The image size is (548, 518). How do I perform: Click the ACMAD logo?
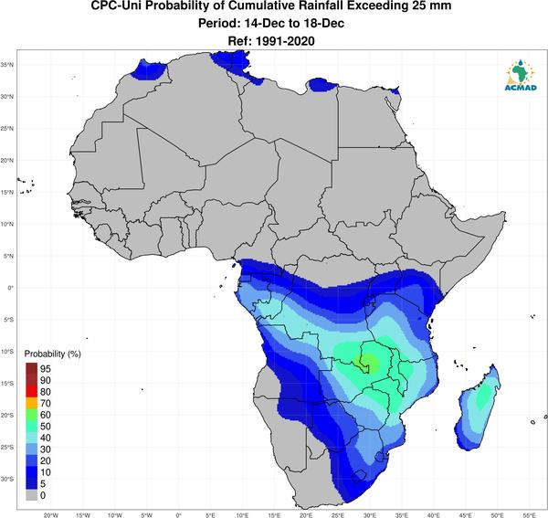coord(521,75)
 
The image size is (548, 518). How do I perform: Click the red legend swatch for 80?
coord(31,392)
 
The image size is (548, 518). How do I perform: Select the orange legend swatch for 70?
coord(31,403)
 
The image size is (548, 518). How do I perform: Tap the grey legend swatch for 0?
coord(31,495)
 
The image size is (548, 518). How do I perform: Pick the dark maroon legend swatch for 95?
coord(31,368)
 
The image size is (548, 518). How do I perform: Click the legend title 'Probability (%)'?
coord(52,354)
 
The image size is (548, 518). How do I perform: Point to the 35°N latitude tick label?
coord(7,65)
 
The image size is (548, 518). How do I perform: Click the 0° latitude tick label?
coord(11,288)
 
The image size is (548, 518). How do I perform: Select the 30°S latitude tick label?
coord(7,479)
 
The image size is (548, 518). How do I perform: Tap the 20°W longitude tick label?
coord(51,515)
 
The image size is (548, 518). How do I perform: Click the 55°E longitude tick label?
coord(529,515)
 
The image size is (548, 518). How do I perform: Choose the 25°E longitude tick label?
coord(338,515)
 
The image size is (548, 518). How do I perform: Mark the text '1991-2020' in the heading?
coord(285,41)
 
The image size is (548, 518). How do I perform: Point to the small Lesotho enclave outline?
coord(359,476)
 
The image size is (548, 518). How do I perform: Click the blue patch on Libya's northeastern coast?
coord(321,85)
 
